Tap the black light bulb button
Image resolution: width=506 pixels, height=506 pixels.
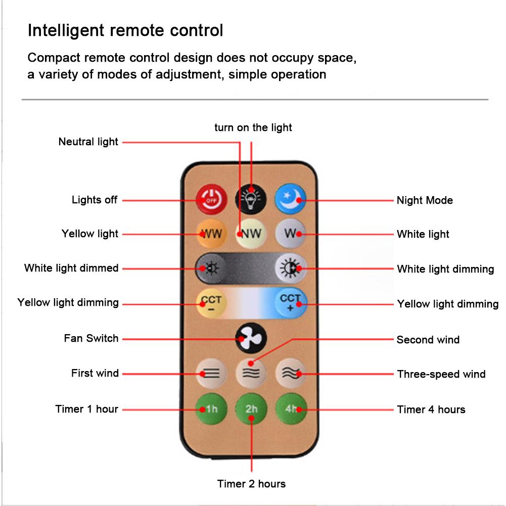251,199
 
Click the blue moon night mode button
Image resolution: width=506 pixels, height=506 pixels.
291,200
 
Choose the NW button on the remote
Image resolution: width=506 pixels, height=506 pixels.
251,234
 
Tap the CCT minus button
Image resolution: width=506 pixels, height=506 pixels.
211,303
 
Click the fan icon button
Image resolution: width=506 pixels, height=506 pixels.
251,338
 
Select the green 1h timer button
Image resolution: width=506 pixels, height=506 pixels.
211,408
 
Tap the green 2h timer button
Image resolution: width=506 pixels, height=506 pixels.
251,408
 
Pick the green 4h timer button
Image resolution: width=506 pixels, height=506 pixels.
291,408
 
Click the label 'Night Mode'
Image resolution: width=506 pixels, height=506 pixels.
424,200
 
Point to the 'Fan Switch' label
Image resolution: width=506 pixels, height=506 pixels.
91,338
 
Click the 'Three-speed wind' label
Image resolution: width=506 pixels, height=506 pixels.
441,374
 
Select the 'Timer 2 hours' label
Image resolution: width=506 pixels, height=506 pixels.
251,484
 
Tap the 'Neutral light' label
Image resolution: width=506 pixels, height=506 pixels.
88,142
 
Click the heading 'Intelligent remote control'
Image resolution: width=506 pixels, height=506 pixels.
125,30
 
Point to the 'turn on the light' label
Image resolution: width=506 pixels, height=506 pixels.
253,127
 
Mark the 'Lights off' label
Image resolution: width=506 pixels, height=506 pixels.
95,200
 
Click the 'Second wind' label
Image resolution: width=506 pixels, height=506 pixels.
428,340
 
